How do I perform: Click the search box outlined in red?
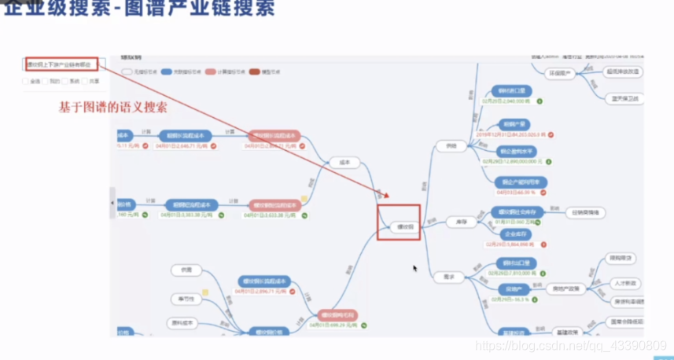(61, 64)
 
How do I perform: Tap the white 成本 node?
(343, 162)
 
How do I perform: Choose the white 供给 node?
(451, 145)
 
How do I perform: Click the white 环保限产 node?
(558, 73)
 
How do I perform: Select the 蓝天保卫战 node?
(624, 99)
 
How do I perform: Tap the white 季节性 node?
(186, 298)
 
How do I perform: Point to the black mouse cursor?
(415, 268)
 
